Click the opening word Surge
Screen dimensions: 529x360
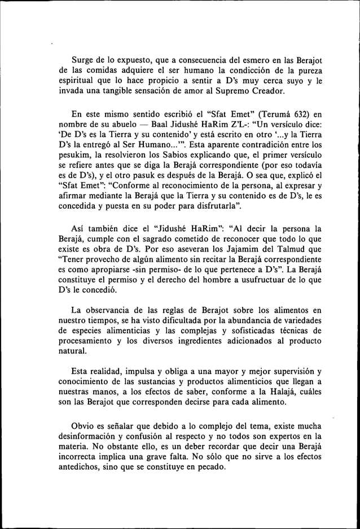pyautogui.click(x=82, y=60)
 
